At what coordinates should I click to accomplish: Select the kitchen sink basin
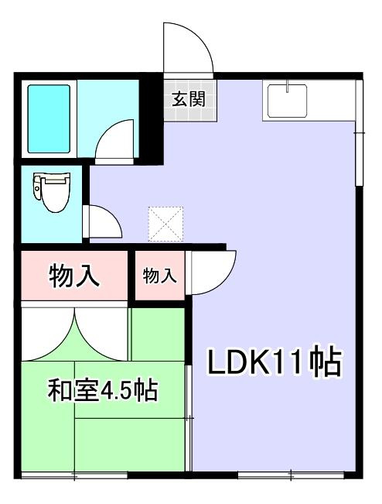point(287,100)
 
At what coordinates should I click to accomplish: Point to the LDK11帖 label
point(274,362)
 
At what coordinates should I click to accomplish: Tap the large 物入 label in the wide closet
point(74,276)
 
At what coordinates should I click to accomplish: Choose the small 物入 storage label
point(160,275)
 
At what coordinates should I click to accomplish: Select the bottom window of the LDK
point(289,473)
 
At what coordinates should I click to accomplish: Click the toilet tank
point(37,186)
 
